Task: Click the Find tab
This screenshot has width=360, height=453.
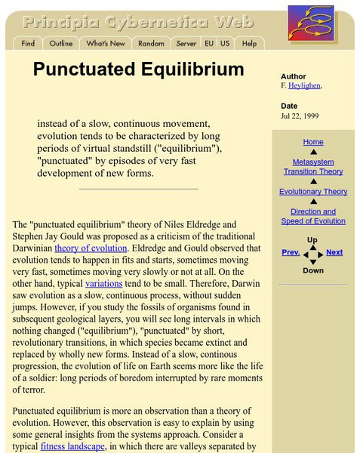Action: click(28, 44)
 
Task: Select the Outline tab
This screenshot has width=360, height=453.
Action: click(61, 44)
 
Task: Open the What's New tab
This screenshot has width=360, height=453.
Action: click(106, 44)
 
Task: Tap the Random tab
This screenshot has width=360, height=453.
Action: click(151, 44)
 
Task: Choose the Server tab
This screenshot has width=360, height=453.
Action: click(186, 44)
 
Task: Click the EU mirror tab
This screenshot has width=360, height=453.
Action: click(209, 44)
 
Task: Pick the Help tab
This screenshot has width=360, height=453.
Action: click(249, 44)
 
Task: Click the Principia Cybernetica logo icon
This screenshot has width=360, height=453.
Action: click(310, 23)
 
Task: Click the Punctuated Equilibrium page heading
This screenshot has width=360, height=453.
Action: click(138, 70)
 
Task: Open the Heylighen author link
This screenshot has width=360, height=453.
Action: click(305, 86)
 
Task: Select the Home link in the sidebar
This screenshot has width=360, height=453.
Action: click(312, 142)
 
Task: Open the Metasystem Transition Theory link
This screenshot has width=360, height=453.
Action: click(312, 166)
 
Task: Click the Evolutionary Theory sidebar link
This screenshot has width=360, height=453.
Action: click(312, 192)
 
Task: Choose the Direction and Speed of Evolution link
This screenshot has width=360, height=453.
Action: click(312, 217)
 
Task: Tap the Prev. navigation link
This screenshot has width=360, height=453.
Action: click(291, 253)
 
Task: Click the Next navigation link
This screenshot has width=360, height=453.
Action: click(334, 253)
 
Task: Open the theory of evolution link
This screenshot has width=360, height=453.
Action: click(87, 248)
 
